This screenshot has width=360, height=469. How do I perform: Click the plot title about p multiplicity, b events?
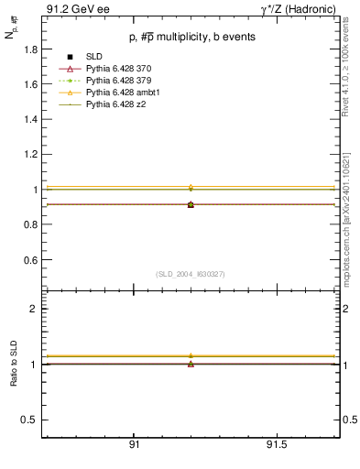pyautogui.click(x=191, y=38)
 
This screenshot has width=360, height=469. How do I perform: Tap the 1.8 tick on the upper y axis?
pyautogui.click(x=30, y=49)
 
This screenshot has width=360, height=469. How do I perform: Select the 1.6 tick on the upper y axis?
pyautogui.click(x=30, y=84)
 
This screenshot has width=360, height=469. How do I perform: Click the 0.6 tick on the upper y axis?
pyautogui.click(x=30, y=260)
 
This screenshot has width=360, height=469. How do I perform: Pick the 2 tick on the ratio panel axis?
pyautogui.click(x=33, y=309)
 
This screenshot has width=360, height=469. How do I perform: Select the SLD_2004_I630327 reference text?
pyautogui.click(x=191, y=274)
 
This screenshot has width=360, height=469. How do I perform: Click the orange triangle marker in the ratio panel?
pyautogui.click(x=191, y=355)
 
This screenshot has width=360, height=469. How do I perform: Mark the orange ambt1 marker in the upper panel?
pyautogui.click(x=191, y=188)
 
